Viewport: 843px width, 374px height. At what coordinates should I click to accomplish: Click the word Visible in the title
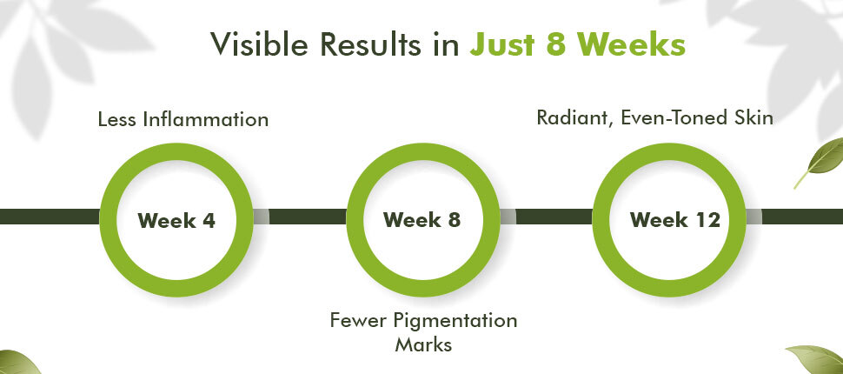pyautogui.click(x=259, y=44)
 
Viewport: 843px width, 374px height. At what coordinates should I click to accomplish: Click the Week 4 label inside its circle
pyautogui.click(x=176, y=220)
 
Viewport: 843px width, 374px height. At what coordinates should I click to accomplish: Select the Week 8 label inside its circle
pyautogui.click(x=422, y=220)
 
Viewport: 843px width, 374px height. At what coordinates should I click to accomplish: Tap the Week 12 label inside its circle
pyautogui.click(x=674, y=220)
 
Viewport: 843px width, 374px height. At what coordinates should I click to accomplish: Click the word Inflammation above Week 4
pyautogui.click(x=205, y=119)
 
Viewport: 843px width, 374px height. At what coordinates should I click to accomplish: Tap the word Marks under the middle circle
pyautogui.click(x=423, y=344)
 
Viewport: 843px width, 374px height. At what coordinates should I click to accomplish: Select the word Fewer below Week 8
pyautogui.click(x=357, y=321)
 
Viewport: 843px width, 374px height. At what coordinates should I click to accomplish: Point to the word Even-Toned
pyautogui.click(x=672, y=118)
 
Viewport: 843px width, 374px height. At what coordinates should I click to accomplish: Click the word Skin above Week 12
pyautogui.click(x=751, y=118)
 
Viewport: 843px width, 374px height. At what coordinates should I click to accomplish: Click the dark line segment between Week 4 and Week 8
pyautogui.click(x=308, y=217)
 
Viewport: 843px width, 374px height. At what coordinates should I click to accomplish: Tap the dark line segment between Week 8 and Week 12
pyautogui.click(x=554, y=217)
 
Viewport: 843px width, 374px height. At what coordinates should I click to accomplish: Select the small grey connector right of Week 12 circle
pyautogui.click(x=753, y=217)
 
